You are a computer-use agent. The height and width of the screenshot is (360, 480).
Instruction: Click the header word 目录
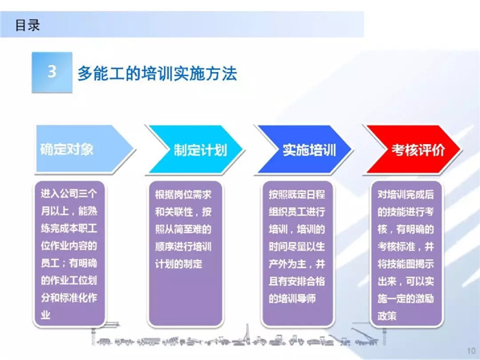point(27,25)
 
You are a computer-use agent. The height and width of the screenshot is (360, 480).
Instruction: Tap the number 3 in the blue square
point(52,71)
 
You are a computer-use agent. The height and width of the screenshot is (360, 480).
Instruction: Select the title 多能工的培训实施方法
point(157,73)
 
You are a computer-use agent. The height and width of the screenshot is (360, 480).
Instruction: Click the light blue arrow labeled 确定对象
point(85,149)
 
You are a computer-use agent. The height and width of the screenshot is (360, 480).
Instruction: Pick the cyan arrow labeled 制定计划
point(195,149)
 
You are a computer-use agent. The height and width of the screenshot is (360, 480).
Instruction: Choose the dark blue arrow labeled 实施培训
point(304,149)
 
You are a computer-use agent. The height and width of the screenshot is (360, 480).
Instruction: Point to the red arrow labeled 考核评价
point(413,149)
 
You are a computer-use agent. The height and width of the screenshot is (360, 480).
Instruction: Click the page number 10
point(471,351)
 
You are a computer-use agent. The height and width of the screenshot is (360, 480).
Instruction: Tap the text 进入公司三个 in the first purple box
point(69,193)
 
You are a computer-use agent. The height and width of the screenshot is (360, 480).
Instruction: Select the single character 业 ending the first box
point(46,315)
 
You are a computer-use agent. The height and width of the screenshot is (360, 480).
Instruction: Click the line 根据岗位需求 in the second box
point(183,195)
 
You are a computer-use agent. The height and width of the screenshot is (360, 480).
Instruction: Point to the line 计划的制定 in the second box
point(178,264)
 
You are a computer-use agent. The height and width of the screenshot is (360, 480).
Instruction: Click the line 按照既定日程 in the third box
point(297,195)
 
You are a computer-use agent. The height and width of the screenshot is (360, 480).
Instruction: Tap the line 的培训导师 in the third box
point(292,298)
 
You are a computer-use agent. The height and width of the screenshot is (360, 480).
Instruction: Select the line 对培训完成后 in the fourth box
point(406,195)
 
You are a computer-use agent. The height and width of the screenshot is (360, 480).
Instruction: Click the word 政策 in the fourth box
point(387,316)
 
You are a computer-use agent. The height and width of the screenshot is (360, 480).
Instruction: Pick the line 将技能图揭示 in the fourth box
point(406,264)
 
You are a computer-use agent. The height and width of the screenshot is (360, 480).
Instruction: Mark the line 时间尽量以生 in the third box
point(297,246)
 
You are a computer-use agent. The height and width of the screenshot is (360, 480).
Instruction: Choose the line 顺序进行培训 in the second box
point(183,246)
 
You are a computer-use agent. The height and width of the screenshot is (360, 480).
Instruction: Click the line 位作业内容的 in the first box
point(69,245)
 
